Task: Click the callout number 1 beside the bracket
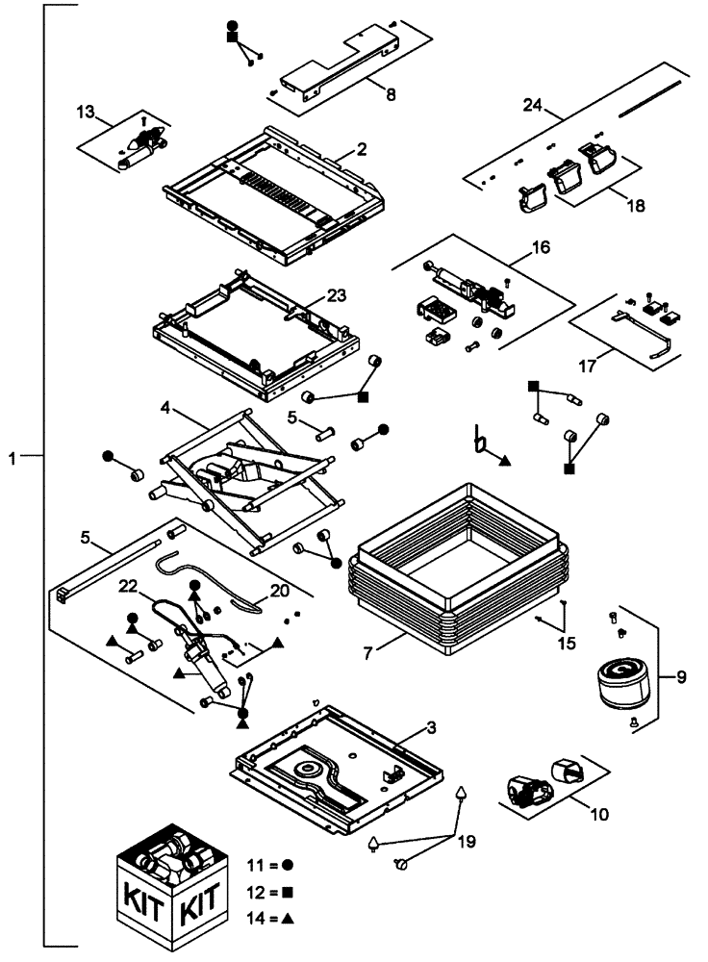(13, 460)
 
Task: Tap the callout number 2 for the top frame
(362, 149)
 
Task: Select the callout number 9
(682, 676)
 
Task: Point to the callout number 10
(598, 814)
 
